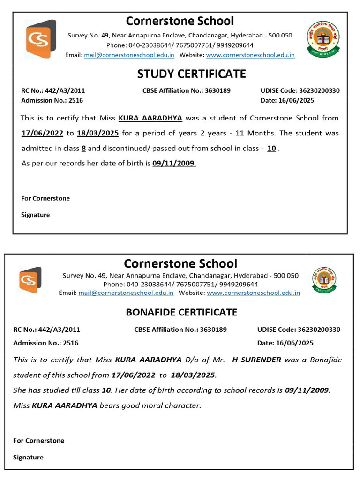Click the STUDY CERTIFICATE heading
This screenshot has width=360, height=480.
191,74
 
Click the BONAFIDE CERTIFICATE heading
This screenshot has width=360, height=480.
181,312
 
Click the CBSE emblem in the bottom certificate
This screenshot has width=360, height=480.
324,280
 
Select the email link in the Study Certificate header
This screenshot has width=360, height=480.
129,55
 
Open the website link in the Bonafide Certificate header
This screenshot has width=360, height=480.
253,292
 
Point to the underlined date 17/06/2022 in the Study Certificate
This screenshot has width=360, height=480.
42,133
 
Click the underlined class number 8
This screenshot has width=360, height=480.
83,149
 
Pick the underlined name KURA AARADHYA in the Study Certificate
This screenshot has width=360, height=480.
150,118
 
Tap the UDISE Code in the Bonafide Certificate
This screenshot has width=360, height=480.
299,330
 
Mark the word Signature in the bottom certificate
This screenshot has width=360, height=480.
28,457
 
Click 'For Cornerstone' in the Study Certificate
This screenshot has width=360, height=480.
45,198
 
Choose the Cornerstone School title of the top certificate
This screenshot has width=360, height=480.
180,21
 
